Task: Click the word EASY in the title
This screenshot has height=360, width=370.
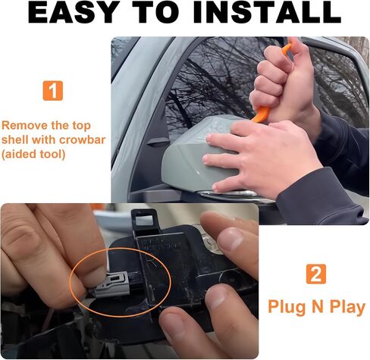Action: [x=74, y=12]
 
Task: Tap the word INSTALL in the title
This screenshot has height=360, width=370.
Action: [x=267, y=12]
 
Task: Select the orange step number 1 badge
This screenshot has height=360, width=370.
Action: [x=53, y=91]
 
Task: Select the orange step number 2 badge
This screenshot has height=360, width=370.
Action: [x=316, y=274]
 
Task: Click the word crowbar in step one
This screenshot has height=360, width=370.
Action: [x=82, y=139]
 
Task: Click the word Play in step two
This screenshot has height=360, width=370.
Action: [x=347, y=308]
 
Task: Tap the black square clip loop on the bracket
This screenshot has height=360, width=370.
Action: [x=143, y=218]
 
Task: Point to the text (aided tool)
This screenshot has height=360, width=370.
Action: [x=33, y=154]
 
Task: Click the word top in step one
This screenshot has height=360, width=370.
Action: [x=81, y=126]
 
